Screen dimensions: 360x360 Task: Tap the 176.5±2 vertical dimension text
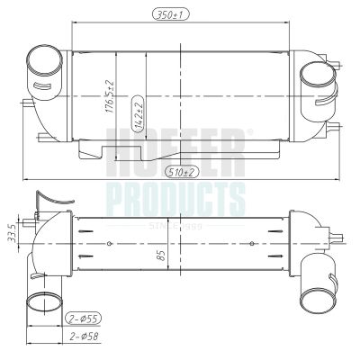pos(109,91)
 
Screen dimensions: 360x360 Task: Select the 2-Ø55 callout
pos(84,319)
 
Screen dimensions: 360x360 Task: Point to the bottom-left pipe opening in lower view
pos(42,300)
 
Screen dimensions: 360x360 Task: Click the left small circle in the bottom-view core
pos(110,243)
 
